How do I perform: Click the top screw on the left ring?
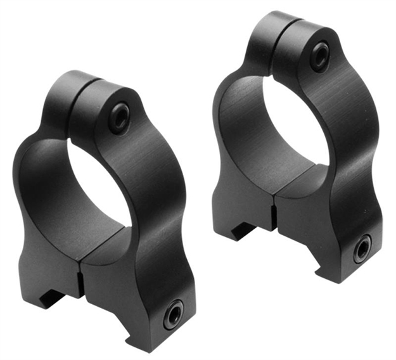click(119, 117)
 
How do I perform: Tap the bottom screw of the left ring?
click(173, 314)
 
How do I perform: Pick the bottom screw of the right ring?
click(362, 248)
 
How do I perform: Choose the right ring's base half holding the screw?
click(329, 222)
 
